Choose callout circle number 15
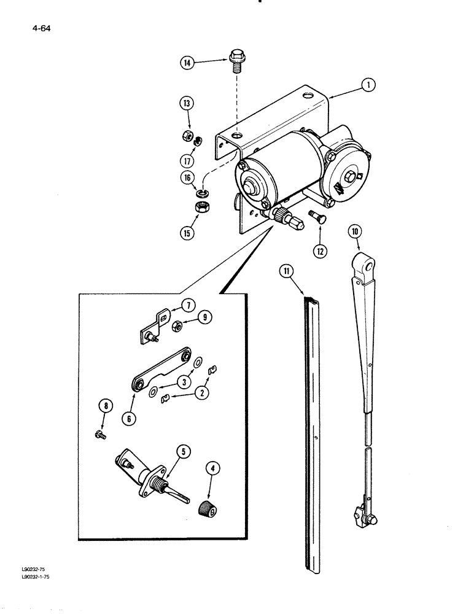(x=187, y=233)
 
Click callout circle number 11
(x=286, y=271)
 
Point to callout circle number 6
(x=132, y=419)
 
